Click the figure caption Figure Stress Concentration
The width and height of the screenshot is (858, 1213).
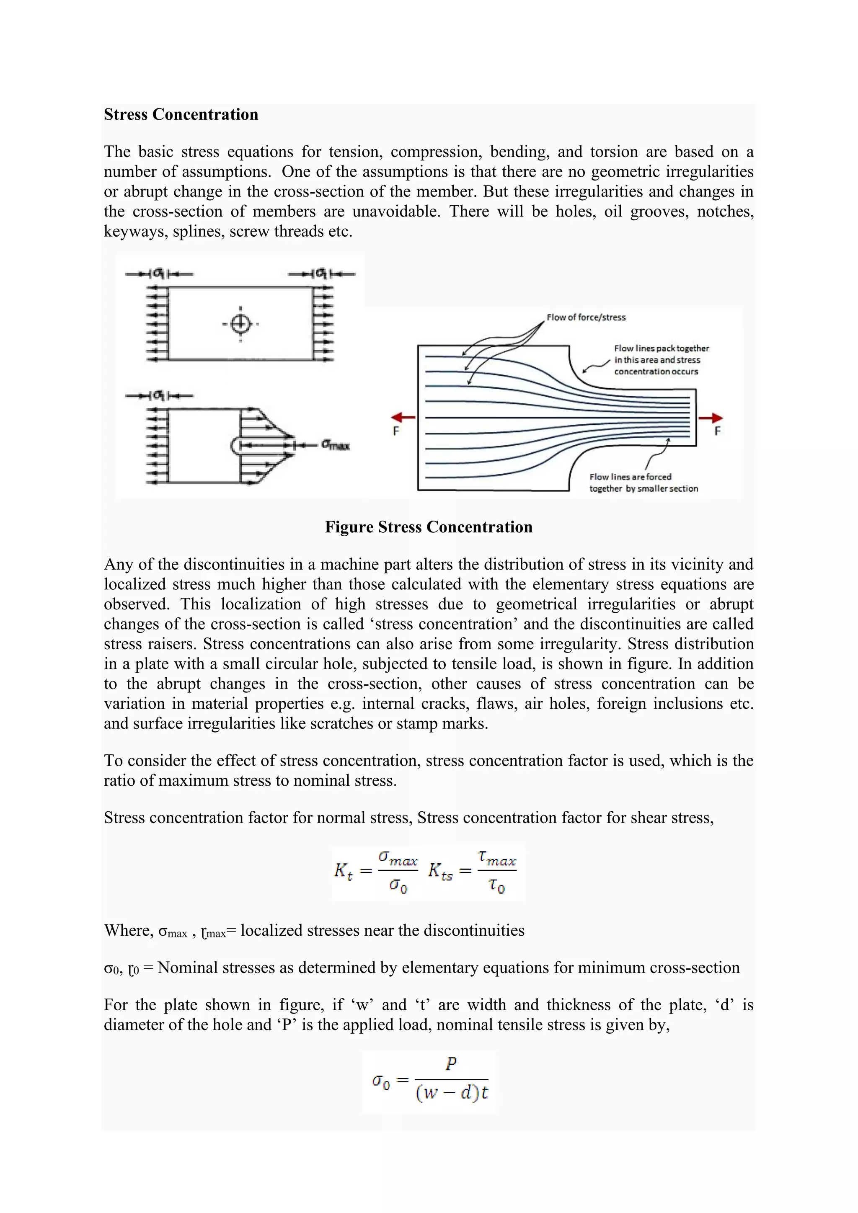click(x=429, y=527)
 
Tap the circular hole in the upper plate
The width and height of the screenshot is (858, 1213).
click(x=240, y=324)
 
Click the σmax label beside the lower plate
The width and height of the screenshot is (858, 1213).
click(x=336, y=445)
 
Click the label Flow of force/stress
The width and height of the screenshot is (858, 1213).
click(x=586, y=317)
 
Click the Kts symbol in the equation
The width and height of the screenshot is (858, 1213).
click(x=439, y=871)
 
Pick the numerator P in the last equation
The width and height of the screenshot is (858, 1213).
click(x=451, y=1063)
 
